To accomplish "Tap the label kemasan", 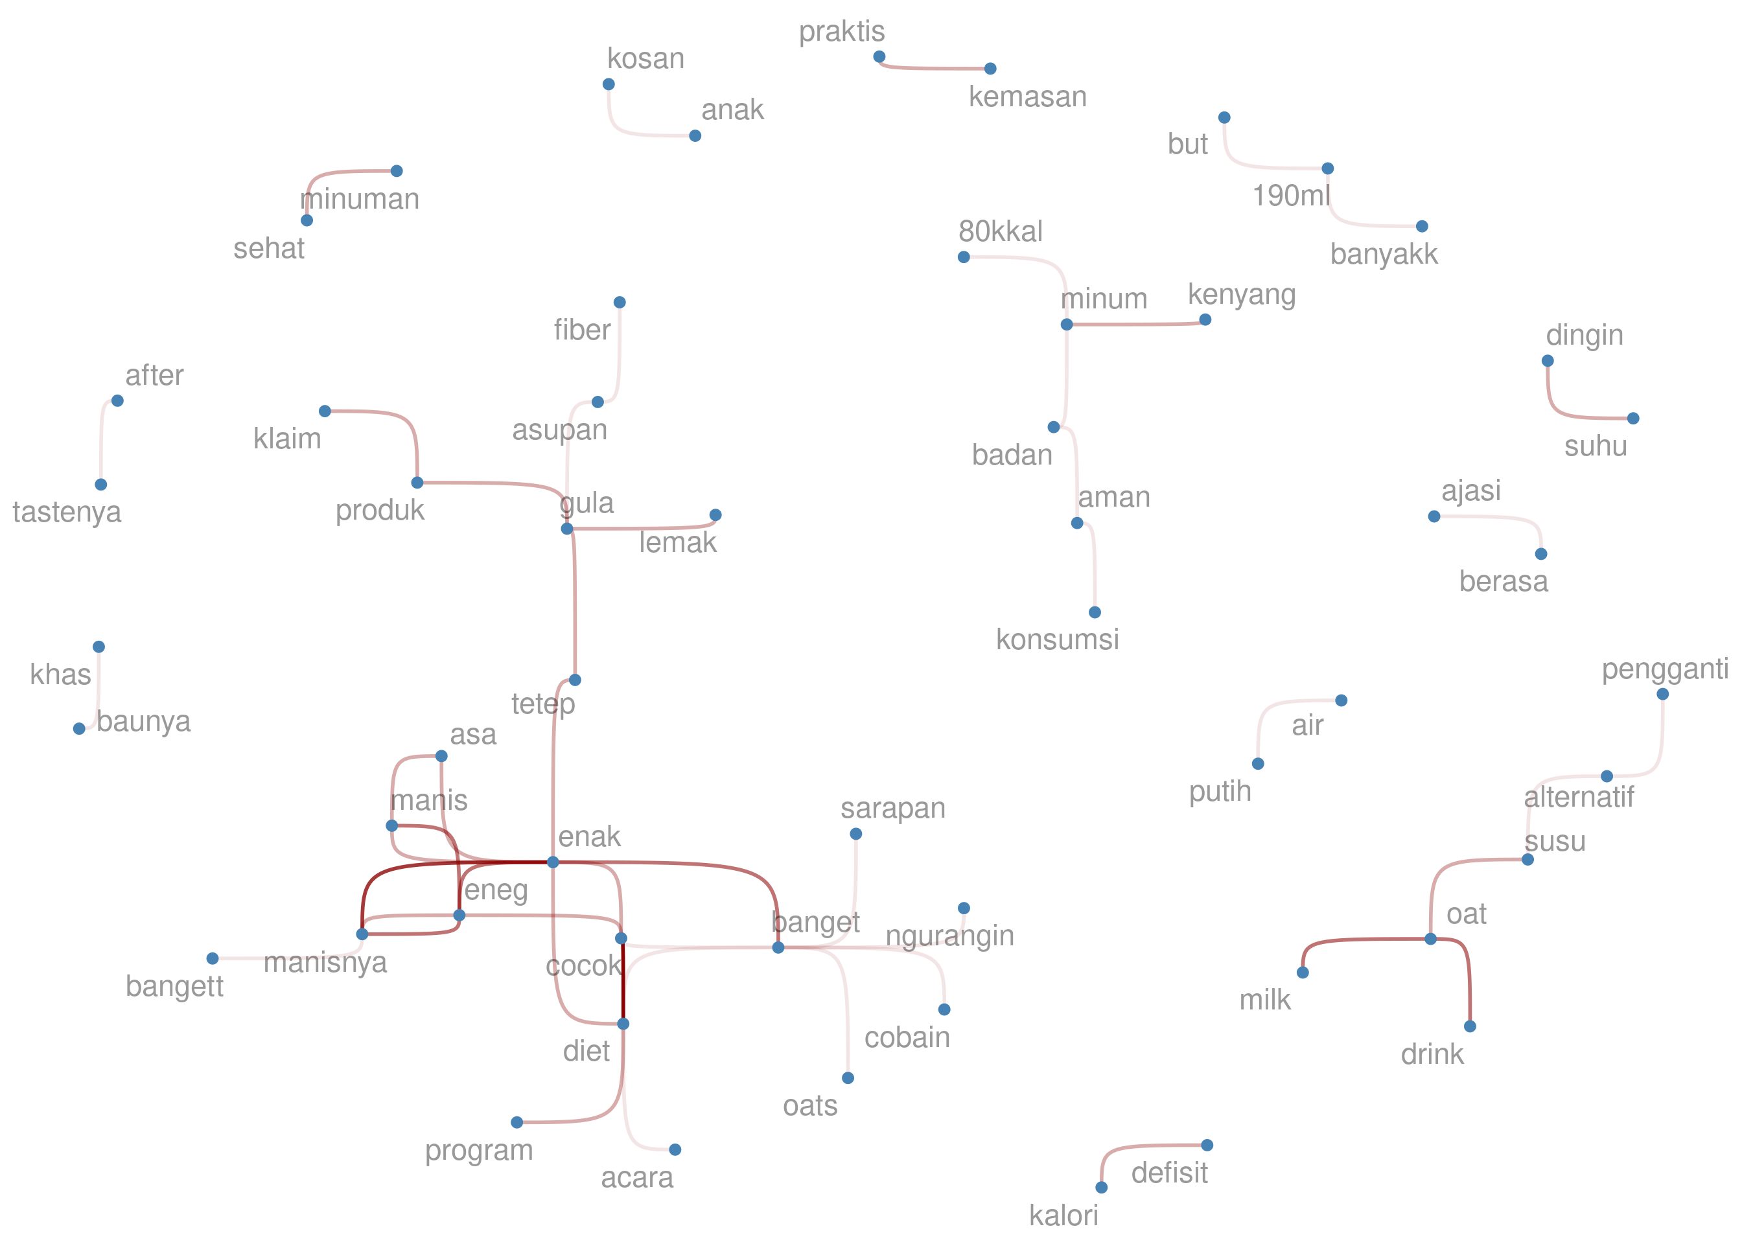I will (1027, 97).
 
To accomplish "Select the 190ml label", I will (1291, 196).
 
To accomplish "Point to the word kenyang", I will (1241, 295).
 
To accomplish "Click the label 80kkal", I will (1001, 231).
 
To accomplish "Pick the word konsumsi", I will (1057, 639).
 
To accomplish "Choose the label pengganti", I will (1665, 669).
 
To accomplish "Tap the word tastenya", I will (67, 513).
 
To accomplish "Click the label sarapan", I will (892, 809).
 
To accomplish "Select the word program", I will (479, 1151).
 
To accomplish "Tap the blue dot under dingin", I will (1548, 361).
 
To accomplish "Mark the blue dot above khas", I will (99, 647).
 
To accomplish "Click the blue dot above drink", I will (1469, 1026).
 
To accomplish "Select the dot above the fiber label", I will (620, 303).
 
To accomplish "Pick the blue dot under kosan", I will (609, 84).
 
